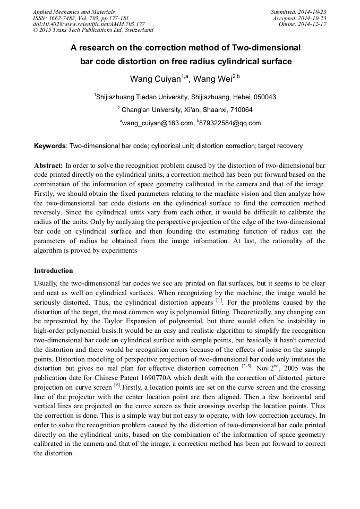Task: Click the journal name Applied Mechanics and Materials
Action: point(74,12)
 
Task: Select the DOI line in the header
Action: point(89,24)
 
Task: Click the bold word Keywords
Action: point(50,145)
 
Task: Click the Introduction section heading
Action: point(53,271)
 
